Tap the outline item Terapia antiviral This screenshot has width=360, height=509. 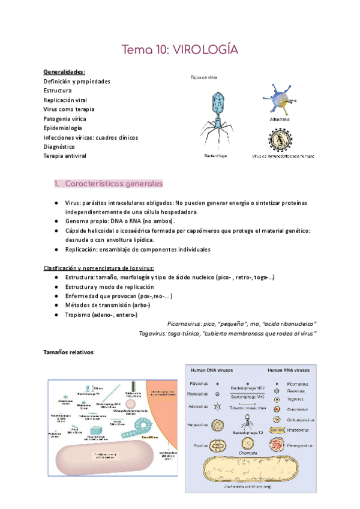[65, 156]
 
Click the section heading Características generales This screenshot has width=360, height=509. [113, 183]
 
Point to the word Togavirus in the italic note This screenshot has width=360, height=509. [152, 333]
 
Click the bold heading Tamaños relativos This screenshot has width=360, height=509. [70, 352]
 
